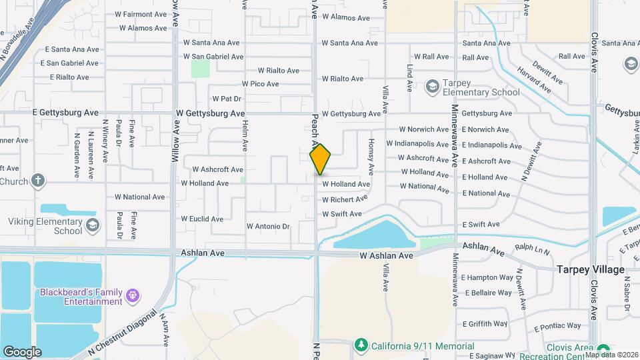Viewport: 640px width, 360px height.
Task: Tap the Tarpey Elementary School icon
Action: point(433,86)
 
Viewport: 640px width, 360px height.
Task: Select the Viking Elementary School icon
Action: point(92,224)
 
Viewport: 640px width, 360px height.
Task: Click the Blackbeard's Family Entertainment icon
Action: point(133,294)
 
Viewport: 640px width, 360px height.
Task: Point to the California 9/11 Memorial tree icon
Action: point(361,345)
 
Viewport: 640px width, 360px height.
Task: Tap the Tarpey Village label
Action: point(591,270)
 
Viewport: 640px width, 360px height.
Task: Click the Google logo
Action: point(22,352)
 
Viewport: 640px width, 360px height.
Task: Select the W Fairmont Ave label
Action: point(141,14)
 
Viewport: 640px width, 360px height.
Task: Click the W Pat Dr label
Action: point(226,99)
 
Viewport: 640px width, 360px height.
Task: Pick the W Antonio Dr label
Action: point(268,227)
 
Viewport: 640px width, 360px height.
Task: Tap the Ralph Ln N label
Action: point(532,252)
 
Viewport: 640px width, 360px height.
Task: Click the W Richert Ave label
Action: point(345,199)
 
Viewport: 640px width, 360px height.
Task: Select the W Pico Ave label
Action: point(260,84)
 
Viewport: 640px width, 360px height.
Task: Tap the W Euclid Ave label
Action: point(202,219)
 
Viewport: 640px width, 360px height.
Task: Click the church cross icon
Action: point(39,180)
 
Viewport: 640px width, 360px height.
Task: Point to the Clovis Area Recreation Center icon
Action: point(603,350)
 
